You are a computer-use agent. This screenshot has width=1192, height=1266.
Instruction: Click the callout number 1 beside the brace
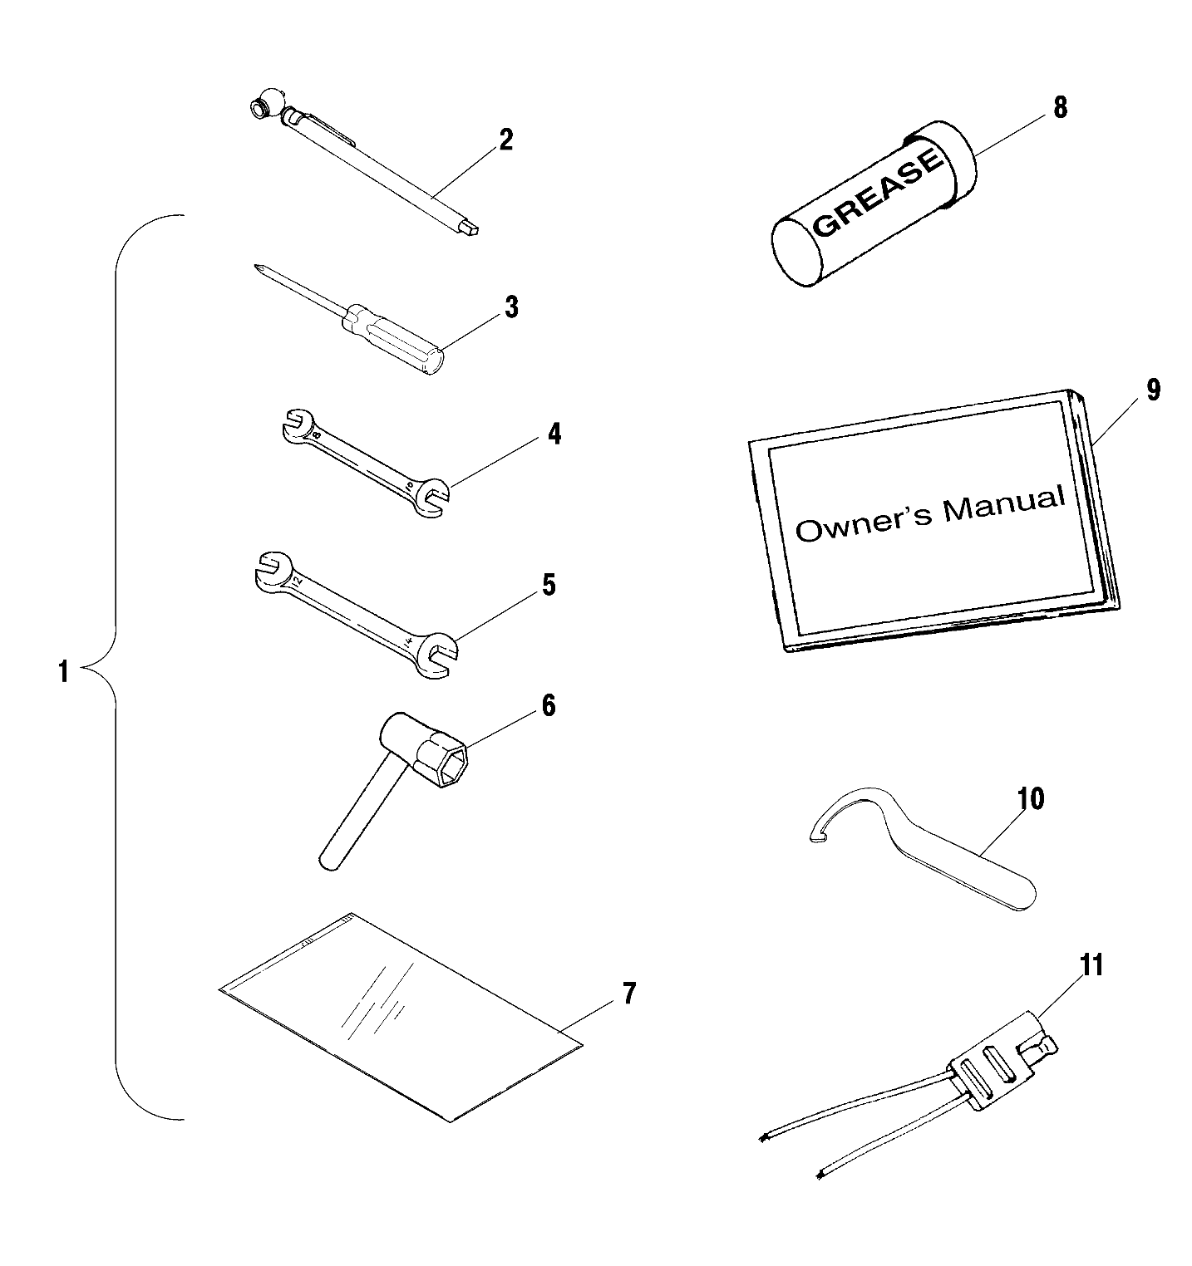(x=63, y=671)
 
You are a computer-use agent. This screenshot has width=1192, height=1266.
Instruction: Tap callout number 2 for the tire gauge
(x=505, y=140)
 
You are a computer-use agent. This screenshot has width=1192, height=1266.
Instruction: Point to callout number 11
(x=1091, y=965)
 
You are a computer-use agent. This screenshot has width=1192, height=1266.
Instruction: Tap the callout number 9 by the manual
(x=1152, y=390)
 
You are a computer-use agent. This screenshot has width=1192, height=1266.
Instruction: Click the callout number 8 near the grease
(x=1060, y=108)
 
